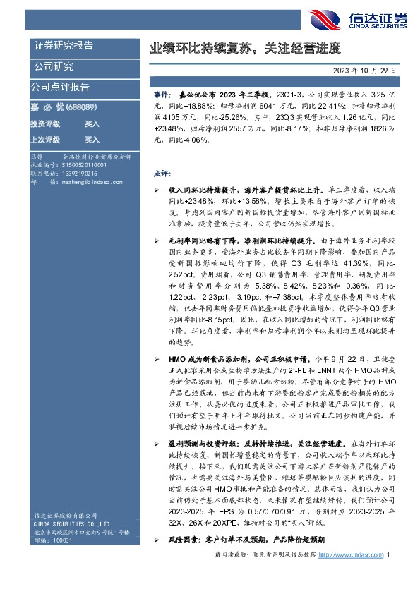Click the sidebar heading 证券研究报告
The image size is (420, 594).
(64, 46)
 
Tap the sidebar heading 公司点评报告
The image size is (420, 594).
(60, 87)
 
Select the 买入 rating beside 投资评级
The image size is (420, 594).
(92, 123)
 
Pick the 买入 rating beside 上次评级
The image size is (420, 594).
(92, 140)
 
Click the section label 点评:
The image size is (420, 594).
(162, 173)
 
